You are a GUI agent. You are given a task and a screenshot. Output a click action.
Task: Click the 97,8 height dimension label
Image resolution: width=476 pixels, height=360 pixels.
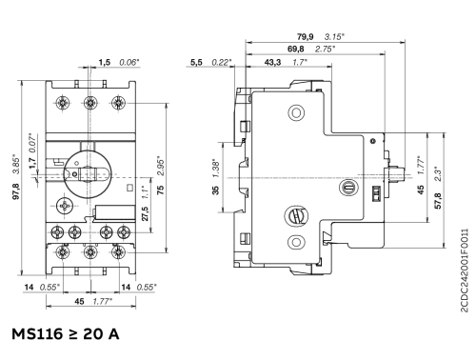pos(16,191)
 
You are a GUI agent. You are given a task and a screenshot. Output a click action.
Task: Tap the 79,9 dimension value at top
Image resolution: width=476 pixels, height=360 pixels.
pos(305,36)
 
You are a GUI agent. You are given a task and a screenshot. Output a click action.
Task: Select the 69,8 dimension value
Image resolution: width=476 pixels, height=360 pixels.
pos(296,49)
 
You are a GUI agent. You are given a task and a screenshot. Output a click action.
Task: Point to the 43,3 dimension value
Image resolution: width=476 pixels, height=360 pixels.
pos(272,62)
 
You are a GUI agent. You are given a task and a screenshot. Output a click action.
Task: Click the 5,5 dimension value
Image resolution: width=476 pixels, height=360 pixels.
pos(196,62)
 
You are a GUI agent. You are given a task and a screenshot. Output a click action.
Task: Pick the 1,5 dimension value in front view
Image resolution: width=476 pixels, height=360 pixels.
pos(104,62)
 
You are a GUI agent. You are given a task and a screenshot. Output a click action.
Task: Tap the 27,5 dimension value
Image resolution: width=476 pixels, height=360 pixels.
pos(145,213)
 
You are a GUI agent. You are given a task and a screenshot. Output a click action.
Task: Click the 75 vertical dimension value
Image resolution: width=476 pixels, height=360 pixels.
pos(161,190)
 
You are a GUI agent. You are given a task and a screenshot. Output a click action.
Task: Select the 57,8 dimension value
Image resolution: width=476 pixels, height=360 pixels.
pos(438,201)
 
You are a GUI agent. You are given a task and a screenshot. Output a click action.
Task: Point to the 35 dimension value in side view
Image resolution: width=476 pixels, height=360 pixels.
pos(216,190)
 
